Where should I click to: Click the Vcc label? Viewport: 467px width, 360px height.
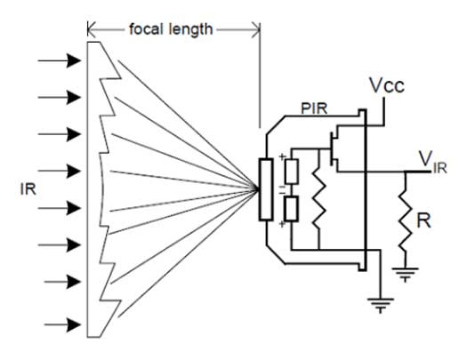387,85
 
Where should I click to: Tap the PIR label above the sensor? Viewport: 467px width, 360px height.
314,108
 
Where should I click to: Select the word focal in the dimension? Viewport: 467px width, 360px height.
146,29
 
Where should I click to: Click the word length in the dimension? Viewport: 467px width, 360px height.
190,29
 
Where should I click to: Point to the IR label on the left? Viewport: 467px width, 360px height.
28,189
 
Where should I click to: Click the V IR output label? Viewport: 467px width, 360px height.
432,163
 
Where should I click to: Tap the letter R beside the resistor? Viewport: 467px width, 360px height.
423,220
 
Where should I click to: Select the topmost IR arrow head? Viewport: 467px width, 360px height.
74,60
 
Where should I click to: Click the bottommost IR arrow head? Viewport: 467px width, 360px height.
74,324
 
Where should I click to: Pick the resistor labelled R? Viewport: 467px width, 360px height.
406,219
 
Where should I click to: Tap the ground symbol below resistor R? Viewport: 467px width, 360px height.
406,275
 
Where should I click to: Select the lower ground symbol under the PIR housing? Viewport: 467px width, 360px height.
381,305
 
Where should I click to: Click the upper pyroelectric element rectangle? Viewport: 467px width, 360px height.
292,172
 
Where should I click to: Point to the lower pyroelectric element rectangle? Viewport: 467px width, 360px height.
291,209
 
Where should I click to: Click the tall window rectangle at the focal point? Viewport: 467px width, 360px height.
266,189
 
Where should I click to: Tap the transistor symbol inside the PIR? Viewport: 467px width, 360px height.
334,148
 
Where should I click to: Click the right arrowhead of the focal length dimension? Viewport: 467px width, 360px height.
256,29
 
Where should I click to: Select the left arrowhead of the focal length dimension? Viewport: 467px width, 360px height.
92,29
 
